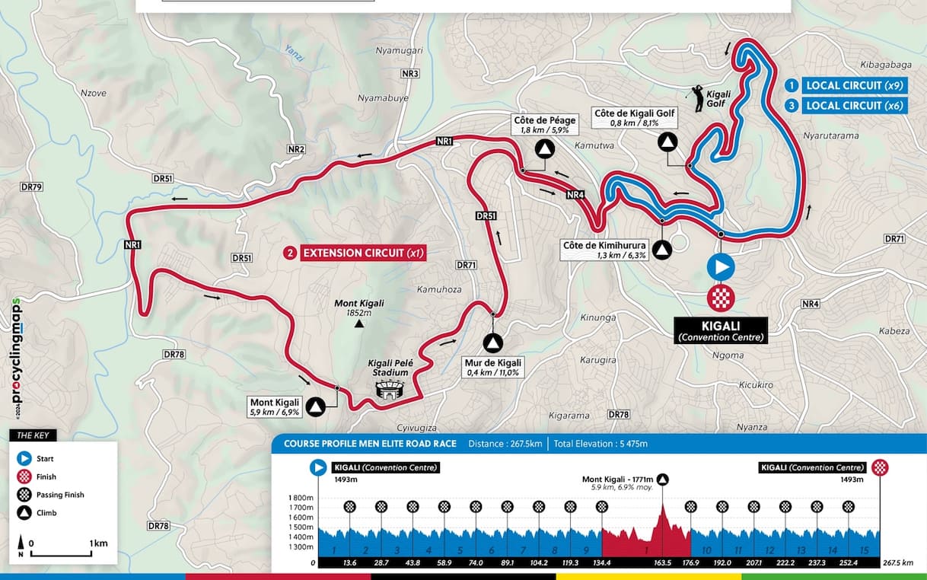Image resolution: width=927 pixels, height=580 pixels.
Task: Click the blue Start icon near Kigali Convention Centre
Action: point(721,268)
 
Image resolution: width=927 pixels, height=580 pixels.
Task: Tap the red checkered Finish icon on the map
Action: point(721,298)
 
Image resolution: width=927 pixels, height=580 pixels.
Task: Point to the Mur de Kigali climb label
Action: point(492,367)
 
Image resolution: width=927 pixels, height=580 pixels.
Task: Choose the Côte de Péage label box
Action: point(544,125)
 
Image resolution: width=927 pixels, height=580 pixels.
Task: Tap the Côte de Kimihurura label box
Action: point(604,250)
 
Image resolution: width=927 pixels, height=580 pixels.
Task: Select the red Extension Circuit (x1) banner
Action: point(355,253)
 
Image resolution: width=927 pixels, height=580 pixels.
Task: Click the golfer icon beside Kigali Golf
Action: point(695,94)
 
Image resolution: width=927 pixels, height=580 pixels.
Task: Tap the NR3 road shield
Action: point(410,74)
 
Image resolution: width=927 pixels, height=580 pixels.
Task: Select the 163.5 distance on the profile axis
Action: point(662,563)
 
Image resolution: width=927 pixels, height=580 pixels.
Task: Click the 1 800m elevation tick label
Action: point(300,497)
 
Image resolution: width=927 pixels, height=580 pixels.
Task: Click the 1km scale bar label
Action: point(97,543)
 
